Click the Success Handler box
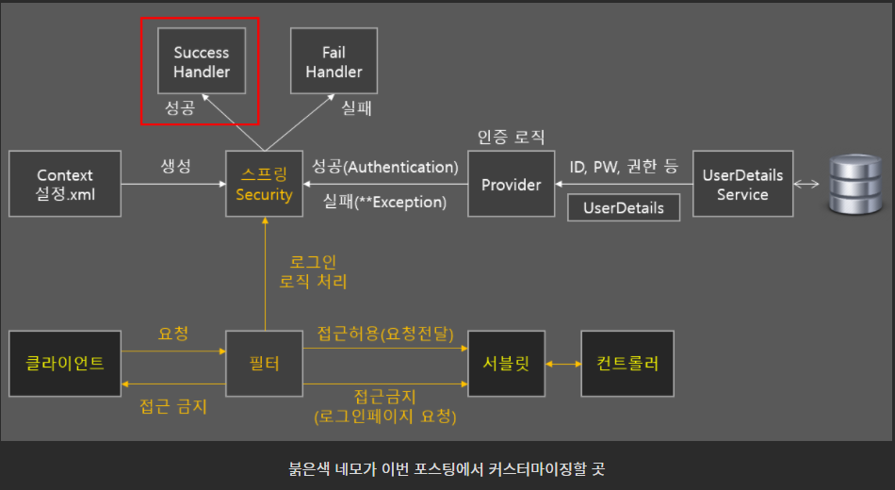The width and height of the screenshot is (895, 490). pos(202,62)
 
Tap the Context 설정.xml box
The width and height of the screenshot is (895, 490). pos(65,185)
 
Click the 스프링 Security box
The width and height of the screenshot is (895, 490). pos(265,185)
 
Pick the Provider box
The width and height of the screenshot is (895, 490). pos(511,185)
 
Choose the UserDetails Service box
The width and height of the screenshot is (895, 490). pos(742,185)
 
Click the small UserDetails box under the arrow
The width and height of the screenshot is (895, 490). pos(624,207)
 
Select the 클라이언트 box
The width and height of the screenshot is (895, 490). pos(65,363)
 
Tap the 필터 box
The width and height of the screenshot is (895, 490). pos(265,363)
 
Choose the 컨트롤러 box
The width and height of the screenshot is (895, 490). pos(626,363)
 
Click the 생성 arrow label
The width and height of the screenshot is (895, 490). pos(175,167)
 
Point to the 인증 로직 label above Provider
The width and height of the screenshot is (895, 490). pos(511,137)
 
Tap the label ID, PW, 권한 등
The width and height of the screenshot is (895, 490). pos(624,167)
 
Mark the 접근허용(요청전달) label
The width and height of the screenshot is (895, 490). pos(385,334)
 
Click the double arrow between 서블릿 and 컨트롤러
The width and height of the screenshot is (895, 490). pos(562,363)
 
